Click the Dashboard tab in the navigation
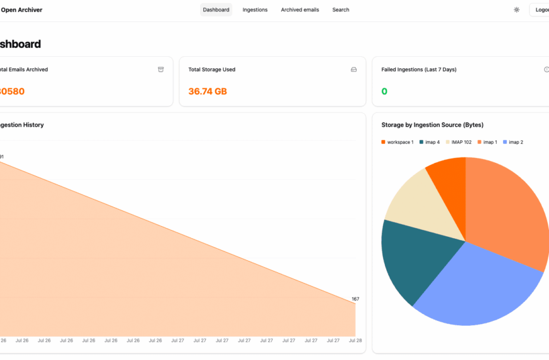tap(216, 10)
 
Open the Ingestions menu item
tap(255, 10)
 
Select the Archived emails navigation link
tap(300, 10)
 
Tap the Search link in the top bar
tap(341, 10)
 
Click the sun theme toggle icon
tap(517, 10)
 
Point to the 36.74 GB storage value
tap(208, 92)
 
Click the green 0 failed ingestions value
tap(384, 92)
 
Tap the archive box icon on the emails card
tap(161, 69)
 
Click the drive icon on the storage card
tap(354, 69)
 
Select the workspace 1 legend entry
tap(397, 142)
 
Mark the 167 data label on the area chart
tap(355, 299)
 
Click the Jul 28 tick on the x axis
tap(355, 340)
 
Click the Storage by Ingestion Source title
tap(432, 125)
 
